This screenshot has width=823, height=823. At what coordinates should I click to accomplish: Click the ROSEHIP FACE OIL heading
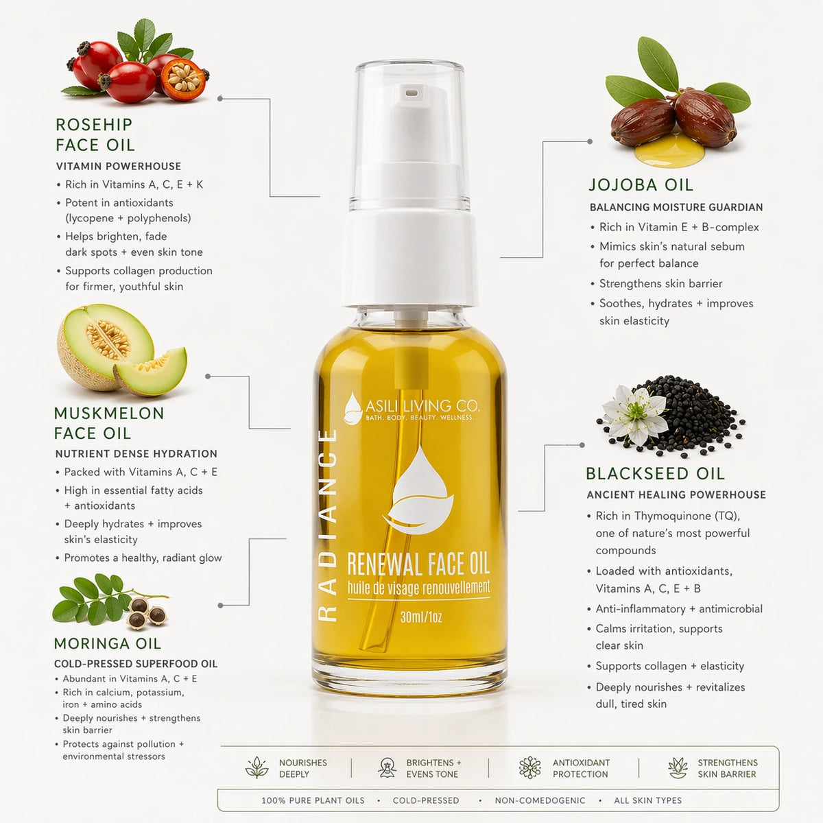95,134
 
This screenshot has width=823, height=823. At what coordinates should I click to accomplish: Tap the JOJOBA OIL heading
641,185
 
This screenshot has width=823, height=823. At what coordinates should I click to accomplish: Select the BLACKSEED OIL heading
655,473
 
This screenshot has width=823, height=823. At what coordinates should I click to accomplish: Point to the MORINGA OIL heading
107,643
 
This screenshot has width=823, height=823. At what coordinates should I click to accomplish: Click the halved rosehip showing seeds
183,79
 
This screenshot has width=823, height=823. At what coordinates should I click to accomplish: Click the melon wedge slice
152,371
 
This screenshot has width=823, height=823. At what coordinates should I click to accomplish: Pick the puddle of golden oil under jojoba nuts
669,150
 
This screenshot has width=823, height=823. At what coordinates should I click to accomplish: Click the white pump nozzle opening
411,92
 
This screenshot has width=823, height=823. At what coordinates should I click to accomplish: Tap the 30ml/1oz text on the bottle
421,617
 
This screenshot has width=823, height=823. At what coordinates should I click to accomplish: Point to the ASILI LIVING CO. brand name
422,405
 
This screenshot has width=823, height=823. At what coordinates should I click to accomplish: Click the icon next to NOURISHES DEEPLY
257,767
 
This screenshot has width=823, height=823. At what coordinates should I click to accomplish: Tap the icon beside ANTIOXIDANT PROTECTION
529,767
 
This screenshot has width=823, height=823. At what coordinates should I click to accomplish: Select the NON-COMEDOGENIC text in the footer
540,800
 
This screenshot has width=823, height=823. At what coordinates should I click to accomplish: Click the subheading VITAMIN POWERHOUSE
118,166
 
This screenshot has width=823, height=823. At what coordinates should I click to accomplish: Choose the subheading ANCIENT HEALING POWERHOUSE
676,494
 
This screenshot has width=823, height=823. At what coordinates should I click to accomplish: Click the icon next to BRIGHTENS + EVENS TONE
387,767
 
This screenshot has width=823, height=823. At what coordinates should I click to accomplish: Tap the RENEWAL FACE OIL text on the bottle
418,564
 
